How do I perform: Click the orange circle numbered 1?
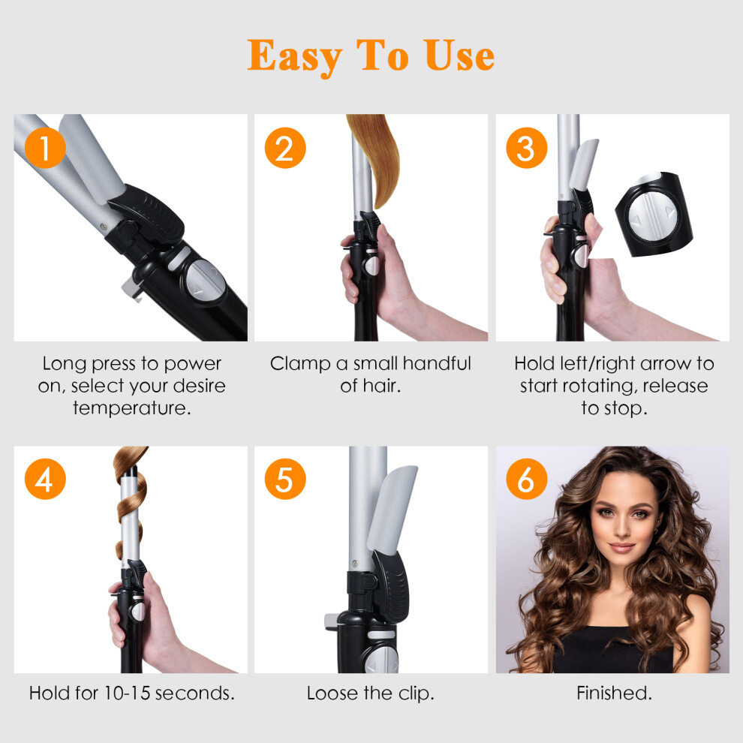pos(45,148)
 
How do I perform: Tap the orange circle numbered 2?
pos(285,148)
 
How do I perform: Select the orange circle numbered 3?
pos(526,148)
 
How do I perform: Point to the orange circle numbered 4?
pos(45,479)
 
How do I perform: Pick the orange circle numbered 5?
pos(285,479)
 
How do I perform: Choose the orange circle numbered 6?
pos(526,479)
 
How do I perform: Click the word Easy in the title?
pos(294,57)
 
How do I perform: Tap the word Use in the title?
pos(459,56)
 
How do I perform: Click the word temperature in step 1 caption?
pos(132,408)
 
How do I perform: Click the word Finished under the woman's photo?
pos(614,693)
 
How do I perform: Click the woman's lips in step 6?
pos(621,547)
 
